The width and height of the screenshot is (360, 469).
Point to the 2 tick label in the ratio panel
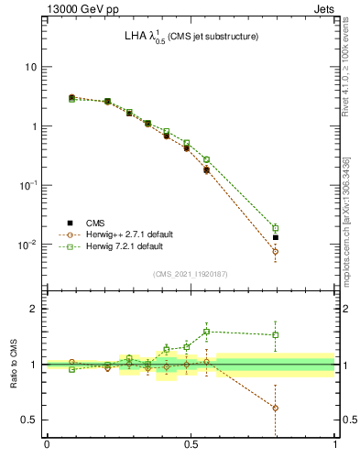click(35, 309)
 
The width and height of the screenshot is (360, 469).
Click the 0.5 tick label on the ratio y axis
click(30, 420)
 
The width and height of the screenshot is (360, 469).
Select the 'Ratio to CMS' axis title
click(13, 364)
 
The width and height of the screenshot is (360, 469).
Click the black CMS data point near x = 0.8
click(275, 237)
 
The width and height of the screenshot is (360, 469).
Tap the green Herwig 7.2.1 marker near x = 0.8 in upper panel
click(275, 228)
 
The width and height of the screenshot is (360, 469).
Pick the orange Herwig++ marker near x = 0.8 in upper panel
click(275, 251)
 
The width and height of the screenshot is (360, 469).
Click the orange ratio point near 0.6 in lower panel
click(275, 408)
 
